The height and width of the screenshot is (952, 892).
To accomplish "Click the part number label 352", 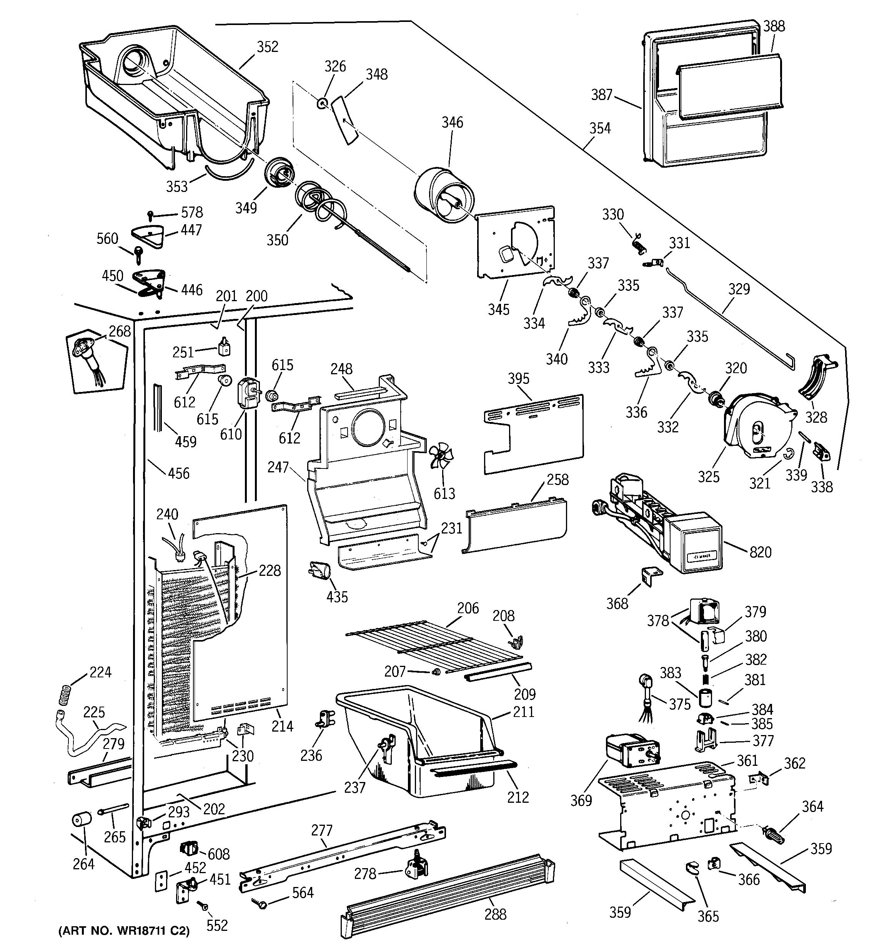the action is click(x=267, y=47).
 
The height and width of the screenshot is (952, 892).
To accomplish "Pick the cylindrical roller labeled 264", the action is click(x=82, y=820).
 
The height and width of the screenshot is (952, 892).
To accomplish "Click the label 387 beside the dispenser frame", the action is click(x=602, y=95).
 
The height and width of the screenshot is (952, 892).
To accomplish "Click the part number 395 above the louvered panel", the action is click(x=519, y=379).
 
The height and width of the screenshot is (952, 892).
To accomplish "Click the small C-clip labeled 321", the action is click(x=789, y=453).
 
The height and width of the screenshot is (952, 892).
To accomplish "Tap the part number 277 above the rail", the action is click(x=321, y=830).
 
